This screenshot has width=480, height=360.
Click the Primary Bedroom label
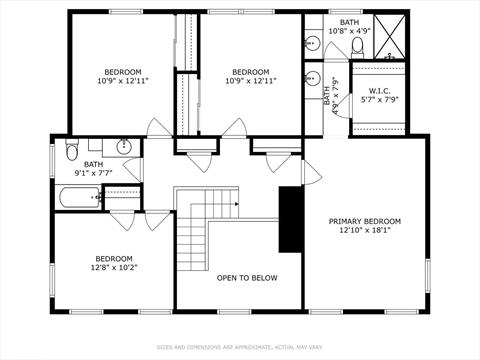click(365, 221)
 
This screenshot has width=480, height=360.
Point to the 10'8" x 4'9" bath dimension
click(349, 30)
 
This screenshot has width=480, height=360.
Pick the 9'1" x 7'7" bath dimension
click(93, 174)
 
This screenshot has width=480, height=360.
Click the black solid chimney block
click(289, 219)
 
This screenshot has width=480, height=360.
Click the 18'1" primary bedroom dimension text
click(365, 230)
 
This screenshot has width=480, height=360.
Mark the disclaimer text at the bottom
click(239, 348)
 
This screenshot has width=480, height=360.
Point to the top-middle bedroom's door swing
click(236, 128)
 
